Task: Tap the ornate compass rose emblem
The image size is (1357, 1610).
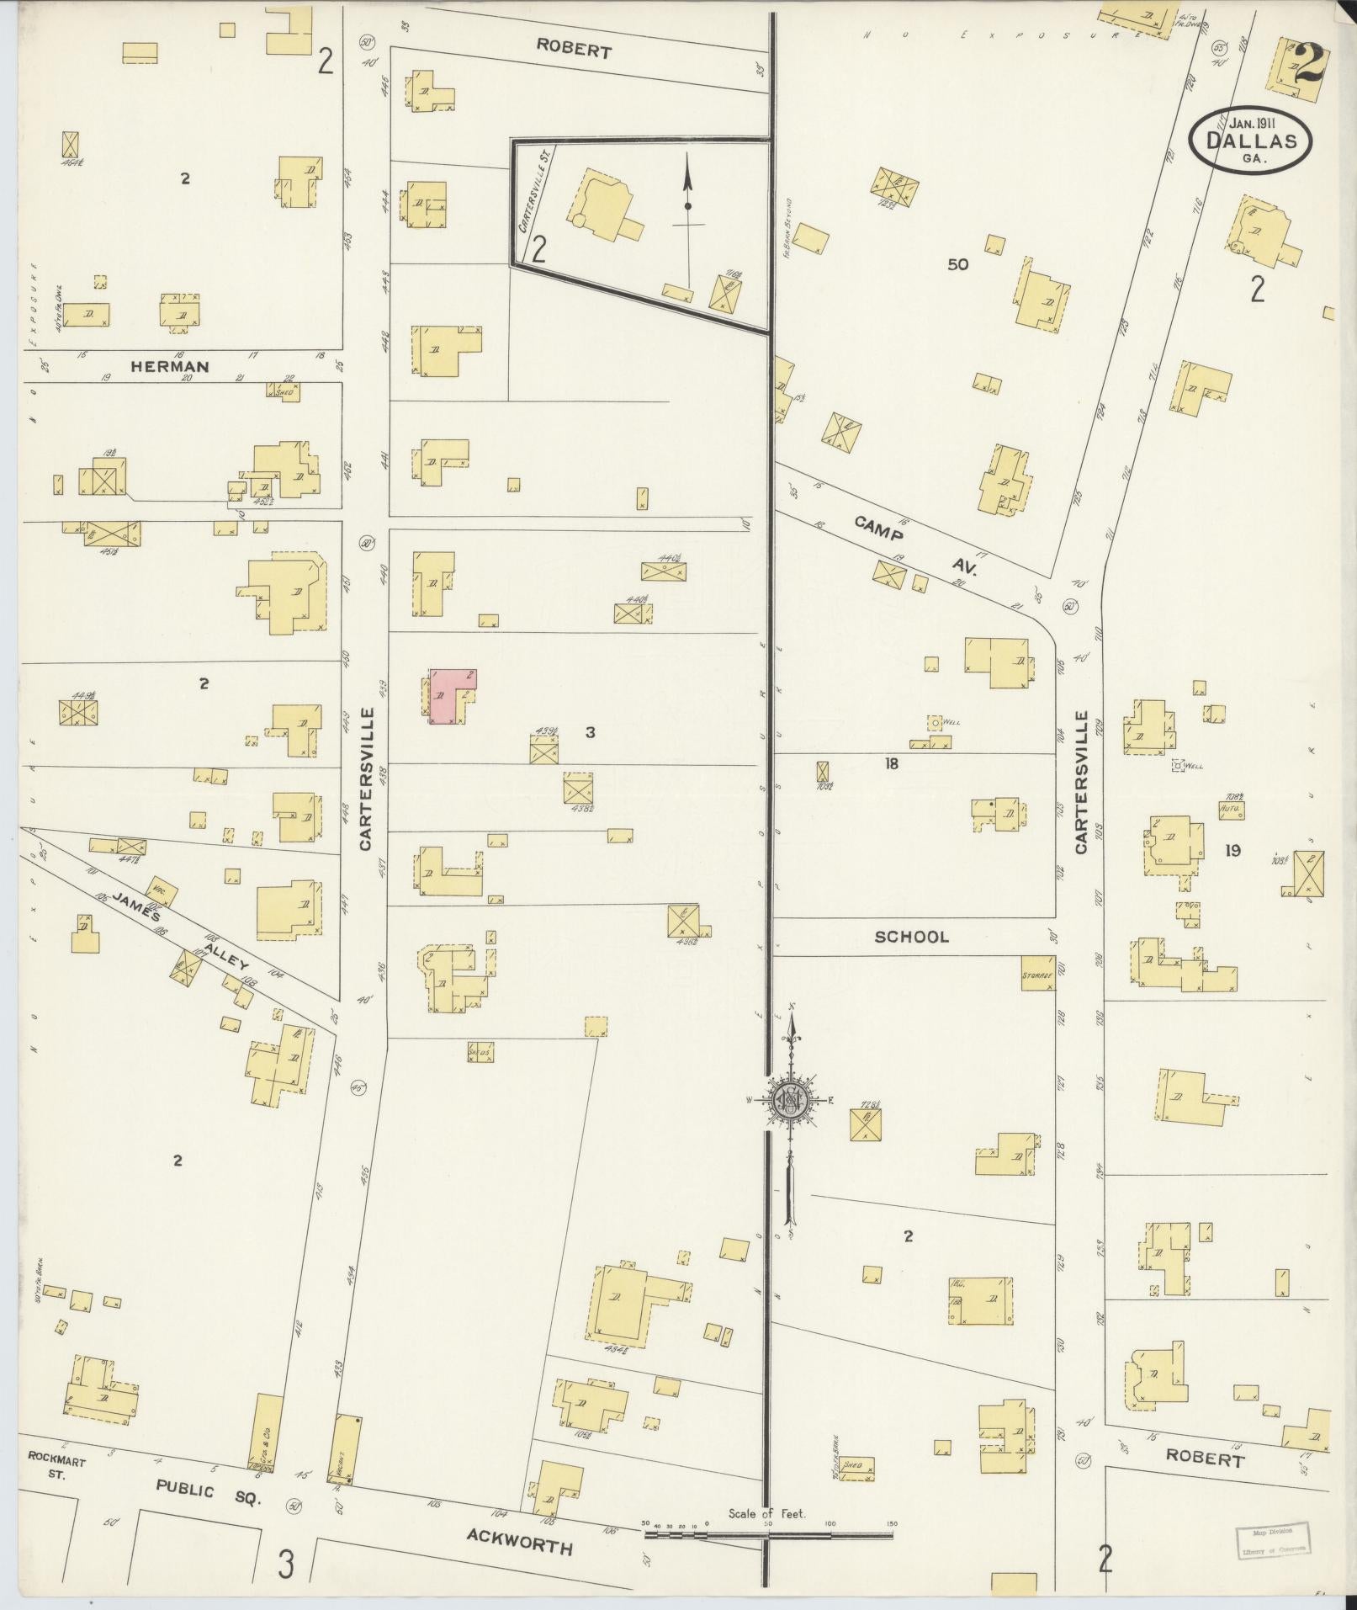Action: click(x=790, y=1099)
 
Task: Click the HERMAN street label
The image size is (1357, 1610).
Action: click(x=169, y=366)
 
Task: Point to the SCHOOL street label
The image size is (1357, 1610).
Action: click(x=911, y=937)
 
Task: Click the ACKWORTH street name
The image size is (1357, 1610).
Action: click(x=520, y=1547)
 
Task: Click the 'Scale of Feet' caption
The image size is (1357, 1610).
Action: click(x=766, y=1512)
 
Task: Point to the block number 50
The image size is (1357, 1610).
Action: click(x=957, y=264)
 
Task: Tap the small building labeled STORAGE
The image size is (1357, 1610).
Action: click(x=1037, y=974)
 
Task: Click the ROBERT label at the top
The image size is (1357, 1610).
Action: click(x=575, y=51)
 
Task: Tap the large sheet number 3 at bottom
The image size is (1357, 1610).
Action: click(x=286, y=1565)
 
